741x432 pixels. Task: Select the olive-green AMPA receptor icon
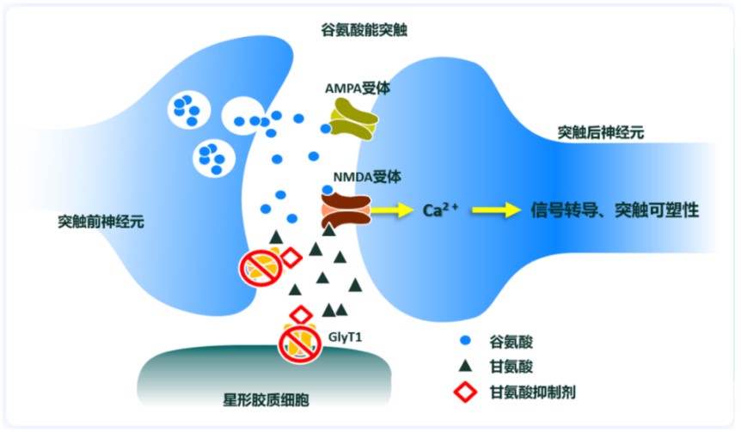tap(353, 119)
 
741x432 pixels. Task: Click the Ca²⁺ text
tap(441, 210)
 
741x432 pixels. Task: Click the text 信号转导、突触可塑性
tap(615, 210)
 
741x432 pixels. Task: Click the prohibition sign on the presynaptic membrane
tap(258, 265)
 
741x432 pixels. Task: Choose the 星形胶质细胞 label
tap(267, 401)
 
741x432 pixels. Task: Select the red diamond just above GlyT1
tap(301, 314)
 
